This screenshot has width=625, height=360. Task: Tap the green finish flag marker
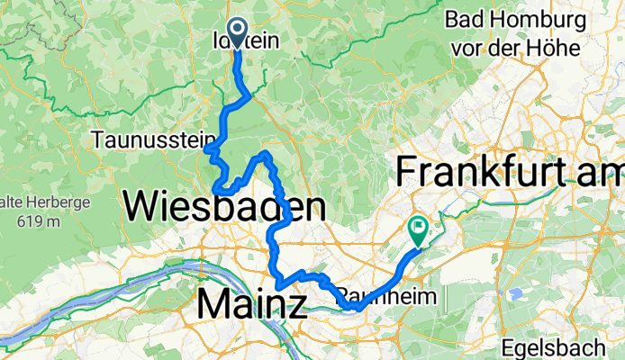[419, 229]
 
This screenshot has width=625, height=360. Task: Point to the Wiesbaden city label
[224, 207]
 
